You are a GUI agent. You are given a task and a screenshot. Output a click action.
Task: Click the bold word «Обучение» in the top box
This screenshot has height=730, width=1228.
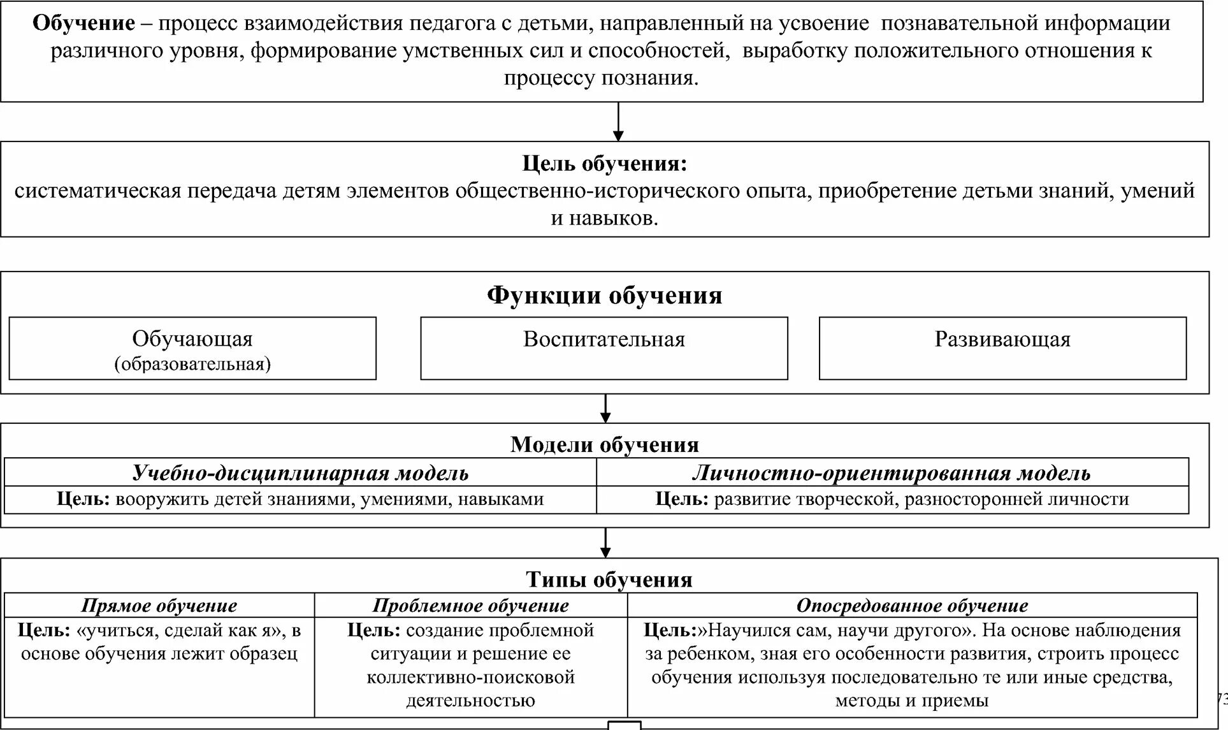(x=83, y=24)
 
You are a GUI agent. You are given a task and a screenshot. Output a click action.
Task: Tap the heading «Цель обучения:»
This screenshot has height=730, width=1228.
(x=604, y=164)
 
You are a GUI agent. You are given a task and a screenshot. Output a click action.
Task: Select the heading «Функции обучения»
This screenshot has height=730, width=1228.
(x=604, y=296)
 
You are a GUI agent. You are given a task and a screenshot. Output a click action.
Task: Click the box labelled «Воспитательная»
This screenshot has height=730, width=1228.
(x=603, y=347)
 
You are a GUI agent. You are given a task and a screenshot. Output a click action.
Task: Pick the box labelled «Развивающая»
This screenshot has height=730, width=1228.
(x=1002, y=347)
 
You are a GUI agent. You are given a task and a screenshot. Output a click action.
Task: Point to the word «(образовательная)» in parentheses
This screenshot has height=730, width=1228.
(x=192, y=364)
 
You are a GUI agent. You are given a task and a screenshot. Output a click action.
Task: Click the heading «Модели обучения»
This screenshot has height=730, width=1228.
(x=604, y=444)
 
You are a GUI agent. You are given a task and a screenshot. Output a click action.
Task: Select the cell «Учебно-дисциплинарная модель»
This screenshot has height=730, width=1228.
(x=300, y=473)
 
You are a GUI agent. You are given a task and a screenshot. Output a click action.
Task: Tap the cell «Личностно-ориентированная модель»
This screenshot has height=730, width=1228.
(x=892, y=473)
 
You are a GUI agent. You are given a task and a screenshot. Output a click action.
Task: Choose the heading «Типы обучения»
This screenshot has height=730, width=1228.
(x=609, y=580)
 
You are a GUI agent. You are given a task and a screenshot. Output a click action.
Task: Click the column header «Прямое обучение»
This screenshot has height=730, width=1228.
(x=159, y=606)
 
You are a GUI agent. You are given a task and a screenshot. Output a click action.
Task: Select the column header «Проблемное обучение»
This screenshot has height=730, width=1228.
(x=470, y=606)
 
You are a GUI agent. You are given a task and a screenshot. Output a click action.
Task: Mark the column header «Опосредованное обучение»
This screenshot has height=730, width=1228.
(x=912, y=606)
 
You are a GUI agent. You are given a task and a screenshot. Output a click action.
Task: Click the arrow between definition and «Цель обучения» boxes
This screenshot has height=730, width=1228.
(x=618, y=122)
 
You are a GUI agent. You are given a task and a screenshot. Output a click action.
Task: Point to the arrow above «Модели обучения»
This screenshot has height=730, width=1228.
(x=605, y=409)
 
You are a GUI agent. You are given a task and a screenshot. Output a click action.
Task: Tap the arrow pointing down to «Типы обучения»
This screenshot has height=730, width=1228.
(x=605, y=543)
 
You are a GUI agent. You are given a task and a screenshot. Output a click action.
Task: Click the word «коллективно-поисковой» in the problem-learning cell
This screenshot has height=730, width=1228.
(x=470, y=677)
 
